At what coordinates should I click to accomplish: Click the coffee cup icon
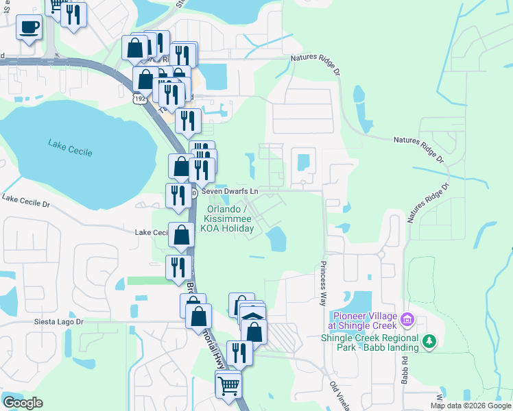[28, 27]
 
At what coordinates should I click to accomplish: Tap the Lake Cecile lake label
[70, 147]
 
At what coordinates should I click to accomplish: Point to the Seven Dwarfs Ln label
[230, 192]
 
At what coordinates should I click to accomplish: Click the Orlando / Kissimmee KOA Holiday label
[227, 219]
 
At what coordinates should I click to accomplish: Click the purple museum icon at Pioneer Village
[407, 319]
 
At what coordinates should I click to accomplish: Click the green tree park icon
[429, 340]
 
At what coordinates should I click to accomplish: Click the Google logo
[23, 403]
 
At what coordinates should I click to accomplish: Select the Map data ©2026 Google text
[471, 406]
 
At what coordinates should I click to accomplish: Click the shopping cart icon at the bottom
[228, 384]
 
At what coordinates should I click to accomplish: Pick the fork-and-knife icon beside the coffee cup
[73, 14]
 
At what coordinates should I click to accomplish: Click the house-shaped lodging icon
[253, 317]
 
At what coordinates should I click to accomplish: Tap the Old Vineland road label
[339, 396]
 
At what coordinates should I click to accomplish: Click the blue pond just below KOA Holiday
[276, 239]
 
